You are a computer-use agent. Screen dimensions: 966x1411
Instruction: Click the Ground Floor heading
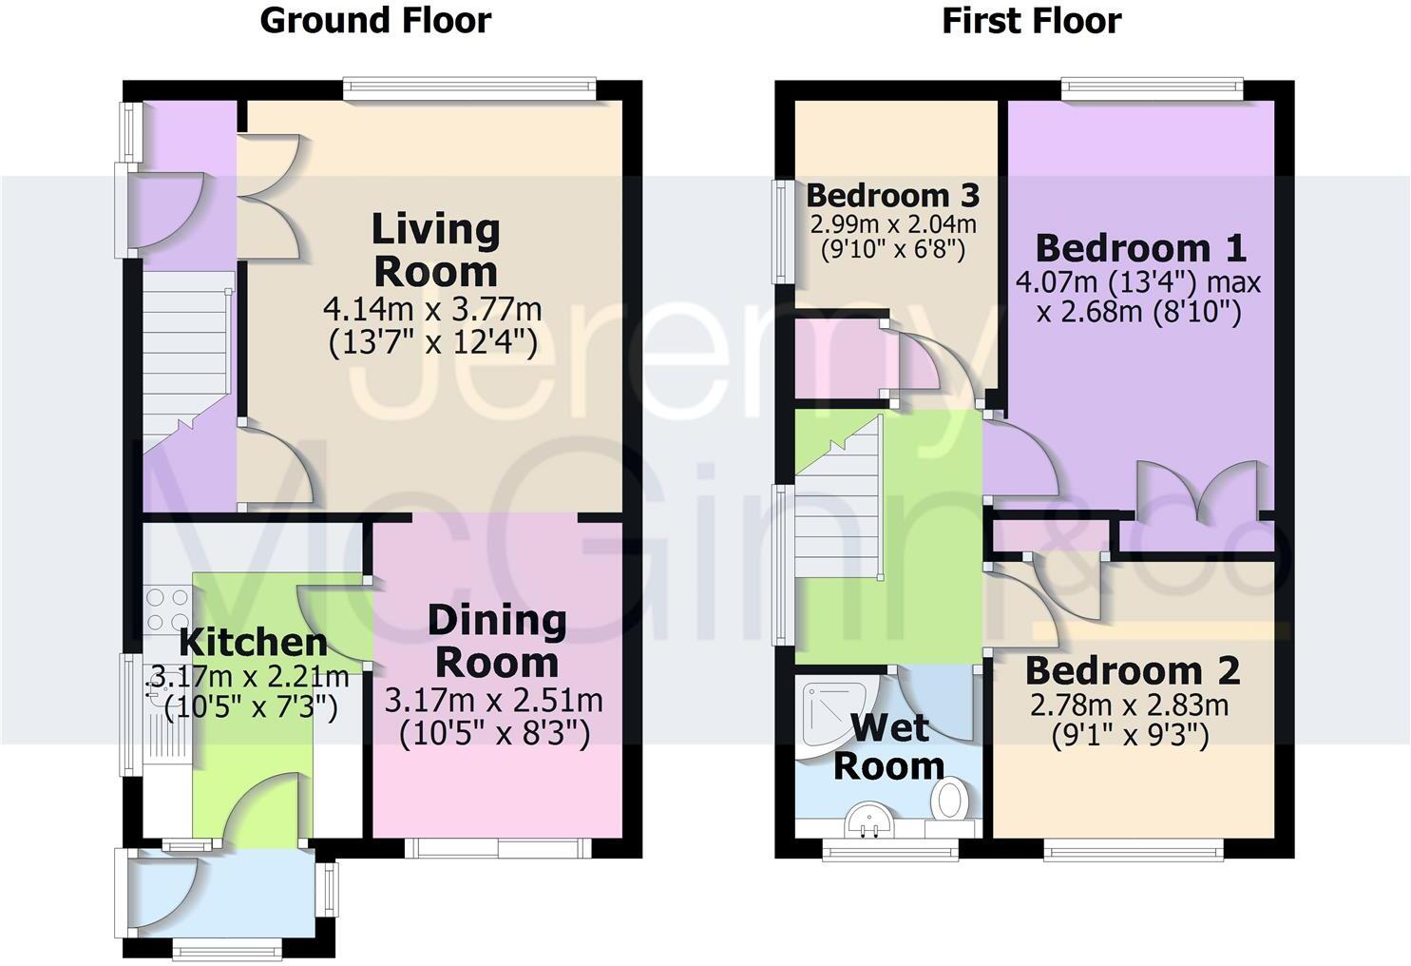pyautogui.click(x=375, y=20)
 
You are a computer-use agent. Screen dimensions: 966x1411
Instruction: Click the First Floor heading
pyautogui.click(x=1031, y=20)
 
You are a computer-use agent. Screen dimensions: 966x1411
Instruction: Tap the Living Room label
pyautogui.click(x=435, y=250)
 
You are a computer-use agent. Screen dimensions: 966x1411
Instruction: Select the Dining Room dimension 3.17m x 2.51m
pyautogui.click(x=493, y=701)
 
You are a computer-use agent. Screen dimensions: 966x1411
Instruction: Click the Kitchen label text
pyautogui.click(x=253, y=642)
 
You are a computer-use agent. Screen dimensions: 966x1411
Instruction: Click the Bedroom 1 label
pyautogui.click(x=1139, y=248)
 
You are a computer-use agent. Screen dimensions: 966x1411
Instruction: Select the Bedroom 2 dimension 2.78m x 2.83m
pyautogui.click(x=1130, y=705)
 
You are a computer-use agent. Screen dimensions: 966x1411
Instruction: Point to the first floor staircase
pyautogui.click(x=838, y=513)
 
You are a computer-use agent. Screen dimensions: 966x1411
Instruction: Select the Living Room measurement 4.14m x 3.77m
pyautogui.click(x=432, y=309)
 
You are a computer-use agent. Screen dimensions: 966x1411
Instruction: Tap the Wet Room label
pyautogui.click(x=888, y=746)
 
